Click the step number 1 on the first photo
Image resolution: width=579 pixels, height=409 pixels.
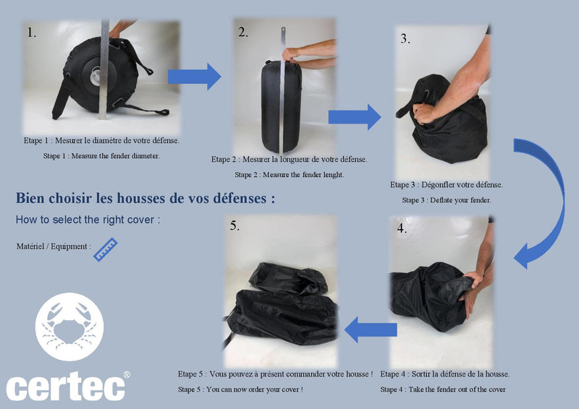(x=31, y=33)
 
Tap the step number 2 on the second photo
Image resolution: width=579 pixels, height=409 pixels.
(x=243, y=32)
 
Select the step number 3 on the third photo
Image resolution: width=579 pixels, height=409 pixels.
(x=405, y=39)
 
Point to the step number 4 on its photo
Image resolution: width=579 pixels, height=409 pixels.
(x=402, y=228)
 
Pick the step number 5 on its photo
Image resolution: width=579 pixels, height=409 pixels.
(x=234, y=225)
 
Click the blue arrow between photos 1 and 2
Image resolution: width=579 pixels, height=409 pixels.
(x=195, y=77)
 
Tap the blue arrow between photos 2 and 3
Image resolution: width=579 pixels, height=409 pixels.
(x=355, y=117)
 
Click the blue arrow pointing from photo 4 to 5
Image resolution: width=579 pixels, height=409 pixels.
(x=371, y=330)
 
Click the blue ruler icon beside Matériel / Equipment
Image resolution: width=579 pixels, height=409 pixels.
(x=106, y=250)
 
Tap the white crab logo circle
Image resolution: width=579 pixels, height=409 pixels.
(x=69, y=327)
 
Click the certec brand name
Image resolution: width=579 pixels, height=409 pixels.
(x=66, y=387)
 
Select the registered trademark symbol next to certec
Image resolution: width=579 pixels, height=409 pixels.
(x=127, y=374)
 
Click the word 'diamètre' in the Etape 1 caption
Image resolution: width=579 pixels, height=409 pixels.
(x=109, y=140)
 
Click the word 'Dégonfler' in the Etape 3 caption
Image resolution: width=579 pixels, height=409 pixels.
(x=439, y=184)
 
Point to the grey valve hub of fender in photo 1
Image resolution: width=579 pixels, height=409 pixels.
(x=96, y=77)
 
